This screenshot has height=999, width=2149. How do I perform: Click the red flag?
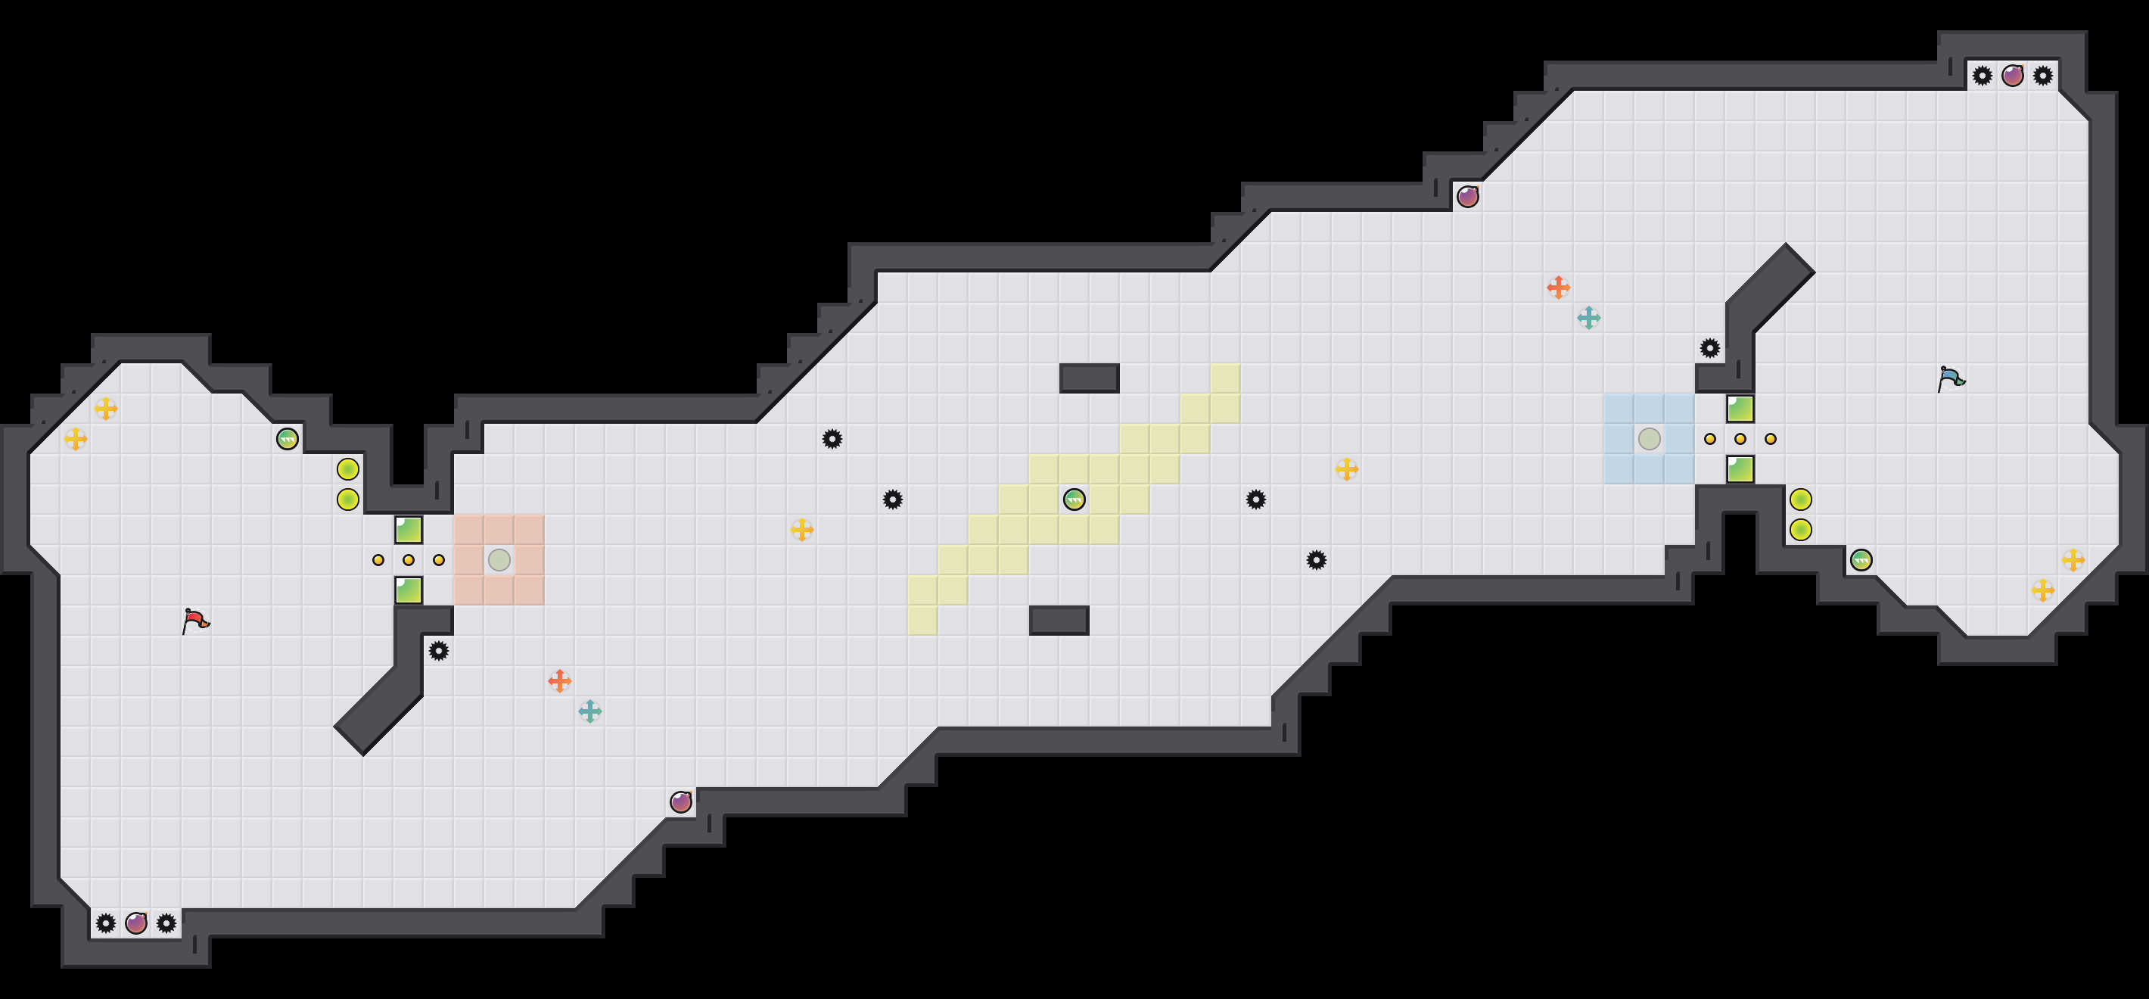pos(195,620)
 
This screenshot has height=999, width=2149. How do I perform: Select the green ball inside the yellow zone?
pos(1074,499)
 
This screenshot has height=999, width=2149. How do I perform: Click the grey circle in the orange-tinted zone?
pos(499,559)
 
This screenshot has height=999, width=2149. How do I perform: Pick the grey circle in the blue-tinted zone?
pos(1650,438)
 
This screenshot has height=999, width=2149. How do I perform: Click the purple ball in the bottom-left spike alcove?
pos(136,923)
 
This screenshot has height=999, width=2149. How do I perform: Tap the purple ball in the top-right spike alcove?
pos(2012,75)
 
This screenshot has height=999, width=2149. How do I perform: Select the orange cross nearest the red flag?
pos(559,680)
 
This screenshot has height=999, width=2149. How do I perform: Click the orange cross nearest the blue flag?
pos(1557,287)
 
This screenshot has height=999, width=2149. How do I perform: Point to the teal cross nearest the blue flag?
pos(1588,317)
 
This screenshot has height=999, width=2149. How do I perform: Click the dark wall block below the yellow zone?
pos(1059,620)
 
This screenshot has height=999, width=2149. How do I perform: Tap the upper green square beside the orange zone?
pos(409,529)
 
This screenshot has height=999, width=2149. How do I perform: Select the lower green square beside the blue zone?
pos(1740,469)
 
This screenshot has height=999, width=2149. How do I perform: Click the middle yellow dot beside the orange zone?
pos(409,559)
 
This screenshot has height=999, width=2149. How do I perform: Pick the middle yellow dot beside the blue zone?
pos(1740,438)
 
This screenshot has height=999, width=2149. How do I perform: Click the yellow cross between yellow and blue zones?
pos(1346,469)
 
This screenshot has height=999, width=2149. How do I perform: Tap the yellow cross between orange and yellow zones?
pos(801,529)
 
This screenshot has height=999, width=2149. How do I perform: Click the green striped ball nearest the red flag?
pos(287,438)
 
